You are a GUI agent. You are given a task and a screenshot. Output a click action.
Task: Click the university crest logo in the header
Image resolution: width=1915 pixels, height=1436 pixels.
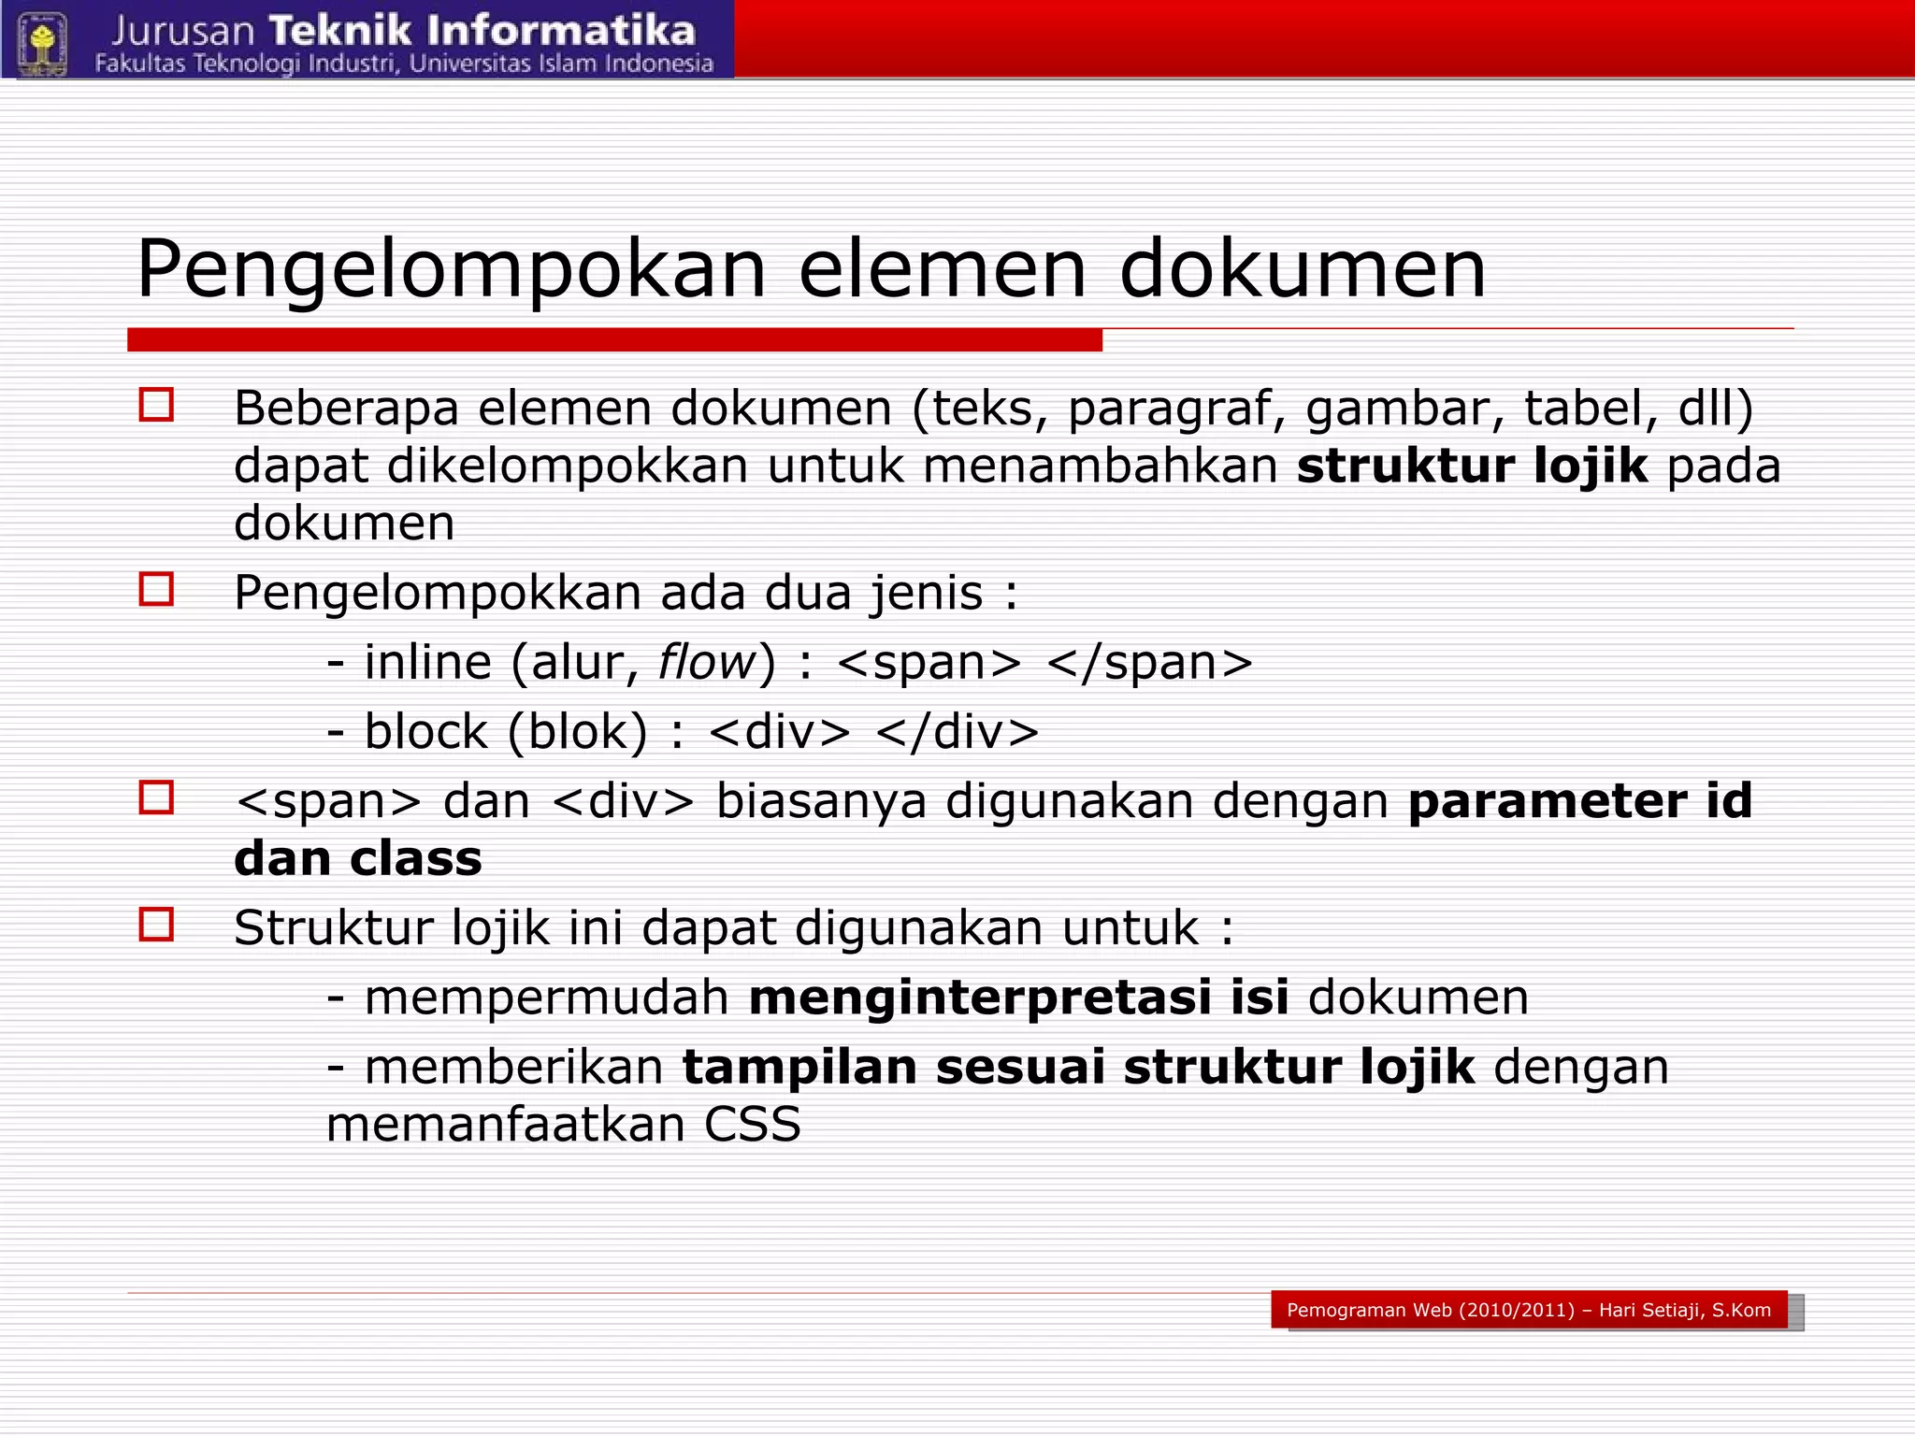pos(42,42)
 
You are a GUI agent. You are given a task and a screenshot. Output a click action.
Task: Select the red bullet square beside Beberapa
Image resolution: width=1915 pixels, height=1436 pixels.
pos(156,405)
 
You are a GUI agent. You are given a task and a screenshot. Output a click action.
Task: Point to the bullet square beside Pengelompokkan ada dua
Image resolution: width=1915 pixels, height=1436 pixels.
pos(156,590)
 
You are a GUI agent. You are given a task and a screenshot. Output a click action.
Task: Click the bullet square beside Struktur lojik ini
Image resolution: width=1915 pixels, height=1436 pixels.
pos(156,925)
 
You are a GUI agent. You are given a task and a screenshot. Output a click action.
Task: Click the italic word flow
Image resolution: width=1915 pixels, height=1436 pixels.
pos(707,663)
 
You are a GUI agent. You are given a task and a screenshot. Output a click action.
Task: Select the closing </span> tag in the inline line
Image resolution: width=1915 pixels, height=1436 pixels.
pos(1149,663)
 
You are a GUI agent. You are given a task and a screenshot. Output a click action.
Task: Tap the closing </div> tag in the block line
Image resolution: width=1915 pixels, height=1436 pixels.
pos(957,732)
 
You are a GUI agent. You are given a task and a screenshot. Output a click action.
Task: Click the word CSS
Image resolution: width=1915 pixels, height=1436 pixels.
pos(753,1125)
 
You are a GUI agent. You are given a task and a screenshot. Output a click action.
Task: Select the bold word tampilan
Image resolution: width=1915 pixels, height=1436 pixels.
pos(799,1068)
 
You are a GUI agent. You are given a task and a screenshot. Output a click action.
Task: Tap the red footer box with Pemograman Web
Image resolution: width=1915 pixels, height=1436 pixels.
pos(1529,1310)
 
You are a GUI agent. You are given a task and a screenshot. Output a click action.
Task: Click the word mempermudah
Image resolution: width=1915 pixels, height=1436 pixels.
pos(546,998)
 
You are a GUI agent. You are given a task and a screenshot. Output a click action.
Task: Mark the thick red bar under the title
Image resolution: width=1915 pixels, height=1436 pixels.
pos(614,340)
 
